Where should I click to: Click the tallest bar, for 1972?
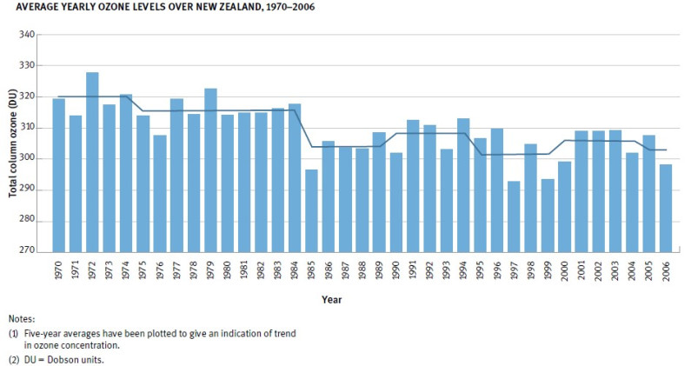(x=92, y=162)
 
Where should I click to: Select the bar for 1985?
(x=311, y=210)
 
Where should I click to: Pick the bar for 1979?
(x=210, y=170)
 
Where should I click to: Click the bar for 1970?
(x=59, y=175)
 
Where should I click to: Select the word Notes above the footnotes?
(x=22, y=318)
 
